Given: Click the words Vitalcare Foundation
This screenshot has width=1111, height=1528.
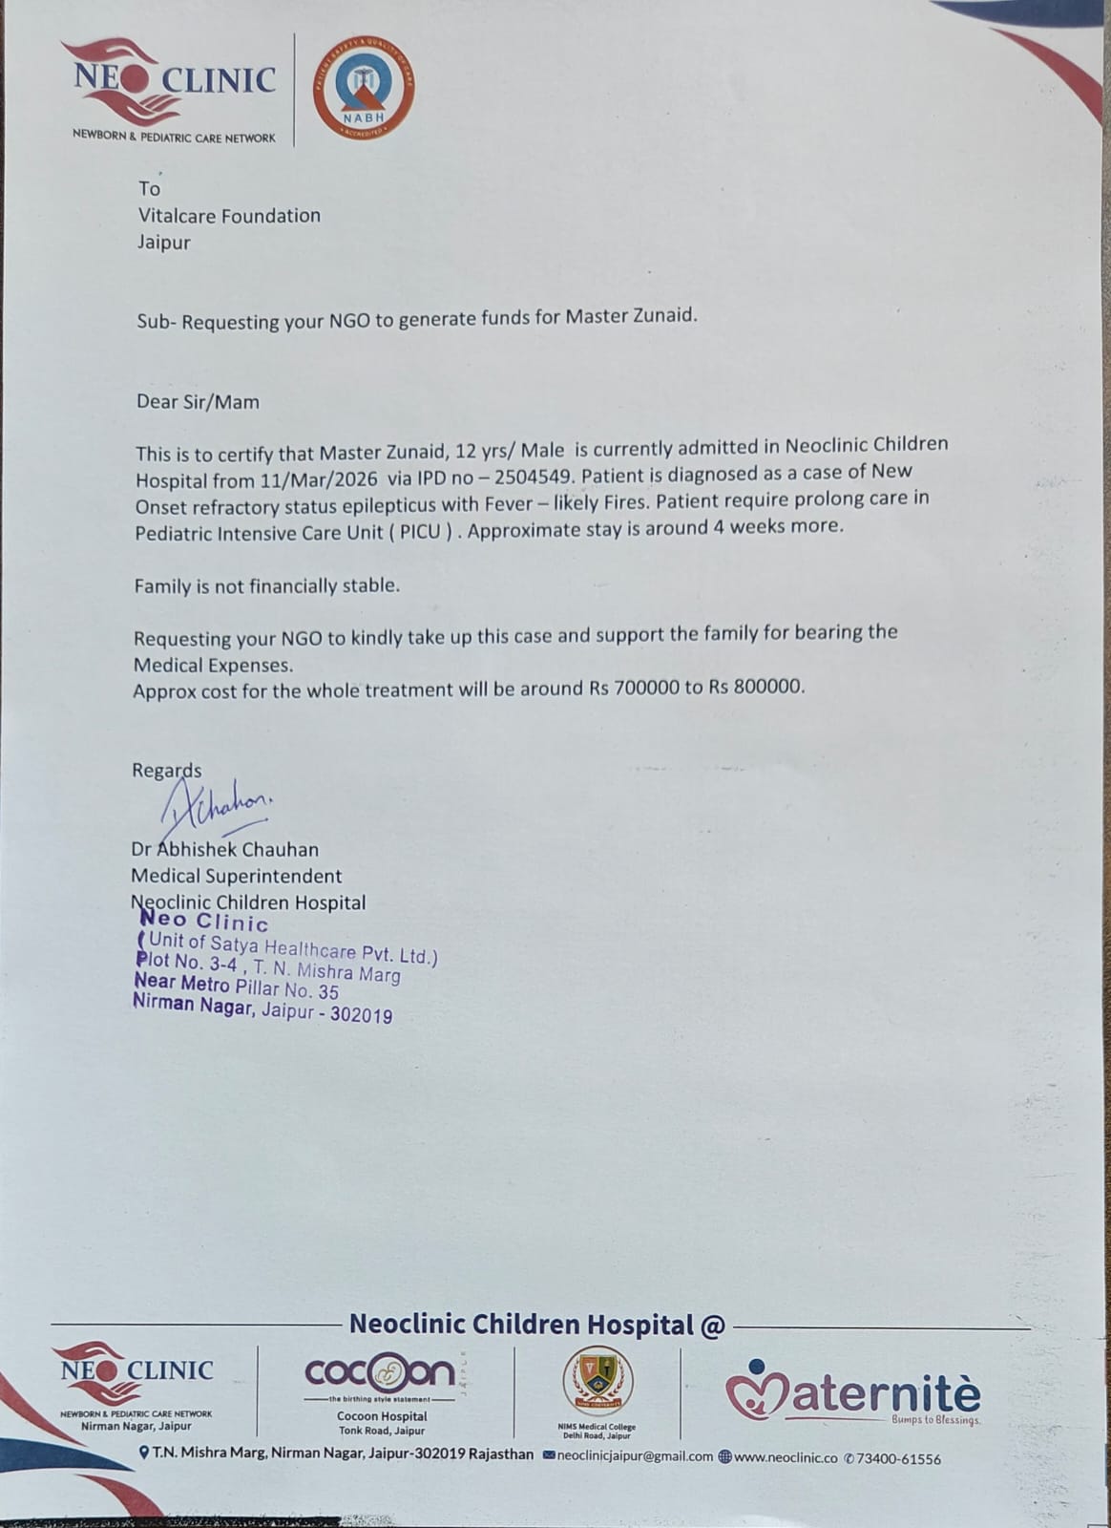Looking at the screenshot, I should click(229, 216).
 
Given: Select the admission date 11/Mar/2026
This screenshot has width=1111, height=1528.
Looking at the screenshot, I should click(317, 480).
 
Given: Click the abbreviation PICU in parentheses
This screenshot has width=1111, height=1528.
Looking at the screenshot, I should click(420, 532).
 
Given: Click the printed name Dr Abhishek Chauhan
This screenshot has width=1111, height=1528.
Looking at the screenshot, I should click(225, 849).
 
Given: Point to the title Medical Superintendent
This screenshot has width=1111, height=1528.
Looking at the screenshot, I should click(236, 876).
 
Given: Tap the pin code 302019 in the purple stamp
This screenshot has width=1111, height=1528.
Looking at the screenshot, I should click(361, 1016).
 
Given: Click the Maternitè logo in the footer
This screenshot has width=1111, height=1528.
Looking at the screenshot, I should click(852, 1393).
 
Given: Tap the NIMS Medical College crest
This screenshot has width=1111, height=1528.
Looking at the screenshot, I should click(597, 1381).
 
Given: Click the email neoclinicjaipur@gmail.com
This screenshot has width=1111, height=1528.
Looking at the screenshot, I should click(634, 1457).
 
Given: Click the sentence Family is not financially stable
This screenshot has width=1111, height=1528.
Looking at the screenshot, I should click(266, 585).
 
